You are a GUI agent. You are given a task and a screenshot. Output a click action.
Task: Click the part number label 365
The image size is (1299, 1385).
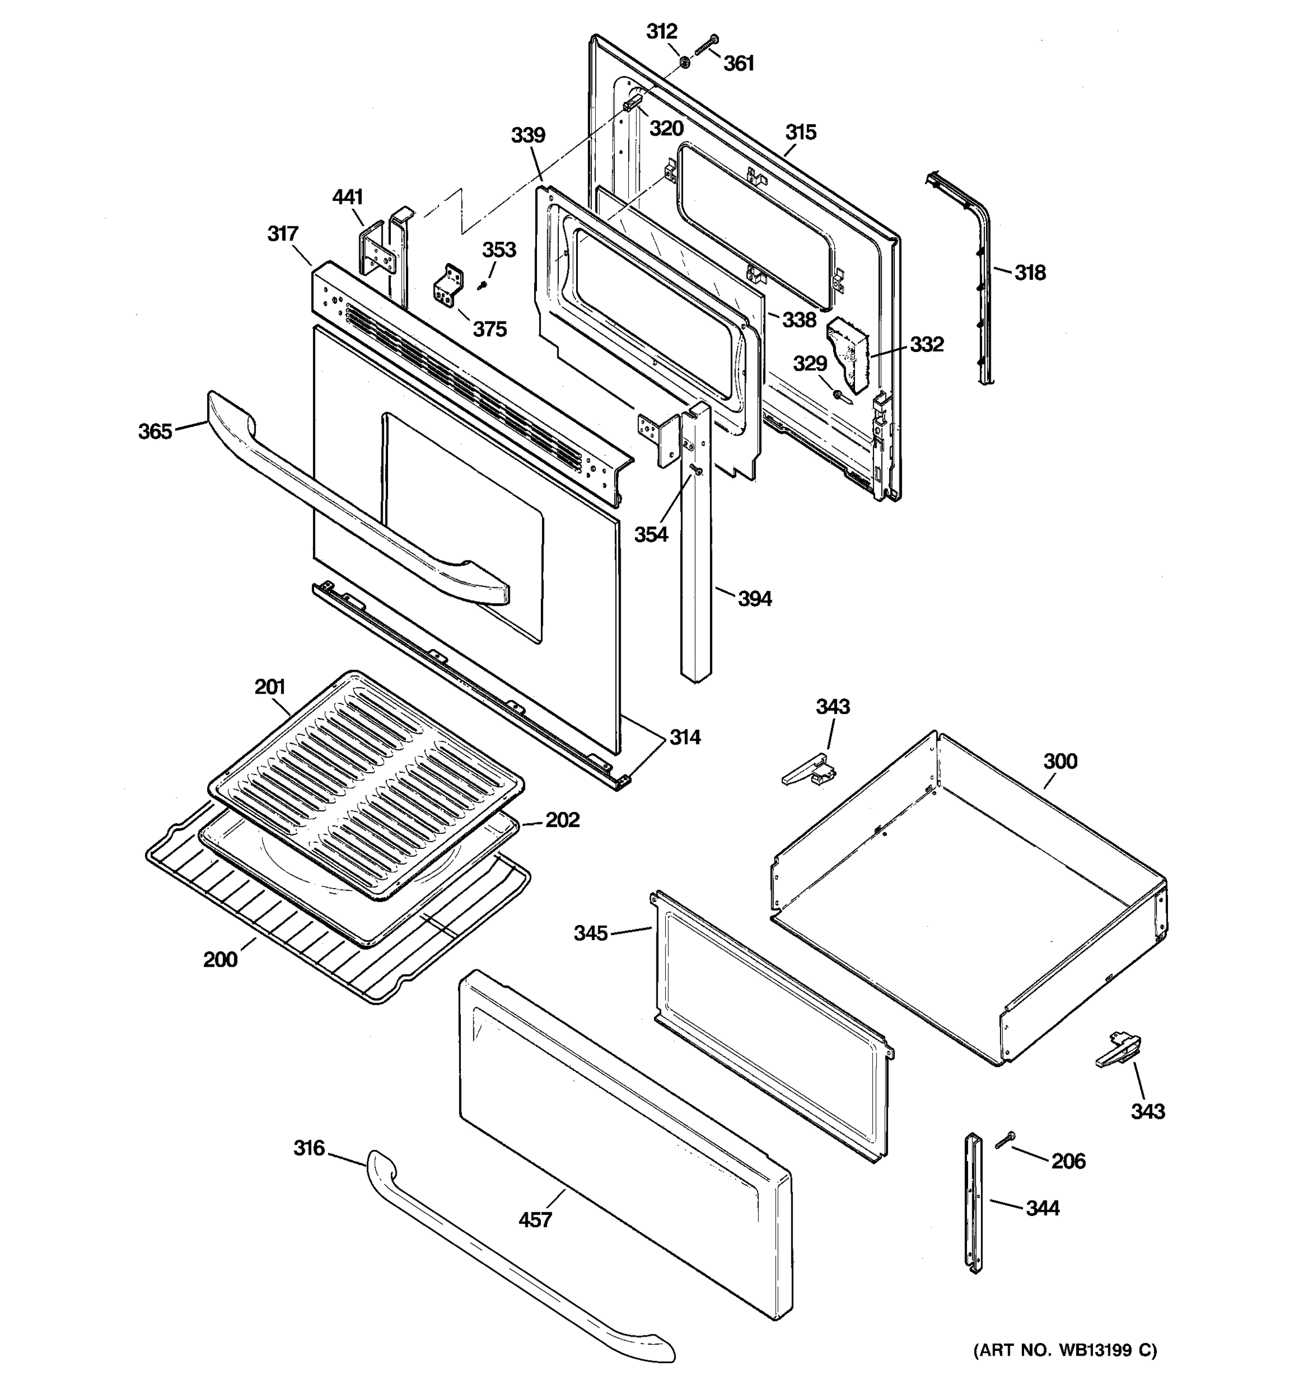pyautogui.click(x=155, y=431)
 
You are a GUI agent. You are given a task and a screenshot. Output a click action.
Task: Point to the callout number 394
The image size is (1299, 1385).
pyautogui.click(x=755, y=598)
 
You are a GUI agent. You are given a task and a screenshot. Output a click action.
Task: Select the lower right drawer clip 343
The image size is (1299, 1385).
pyautogui.click(x=1118, y=1052)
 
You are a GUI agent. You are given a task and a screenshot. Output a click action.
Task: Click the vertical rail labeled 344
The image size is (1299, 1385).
pyautogui.click(x=973, y=1203)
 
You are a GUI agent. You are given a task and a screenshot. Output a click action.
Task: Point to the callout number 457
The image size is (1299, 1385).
pyautogui.click(x=535, y=1219)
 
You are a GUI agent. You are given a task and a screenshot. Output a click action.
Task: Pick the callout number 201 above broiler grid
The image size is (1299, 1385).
pyautogui.click(x=270, y=687)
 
